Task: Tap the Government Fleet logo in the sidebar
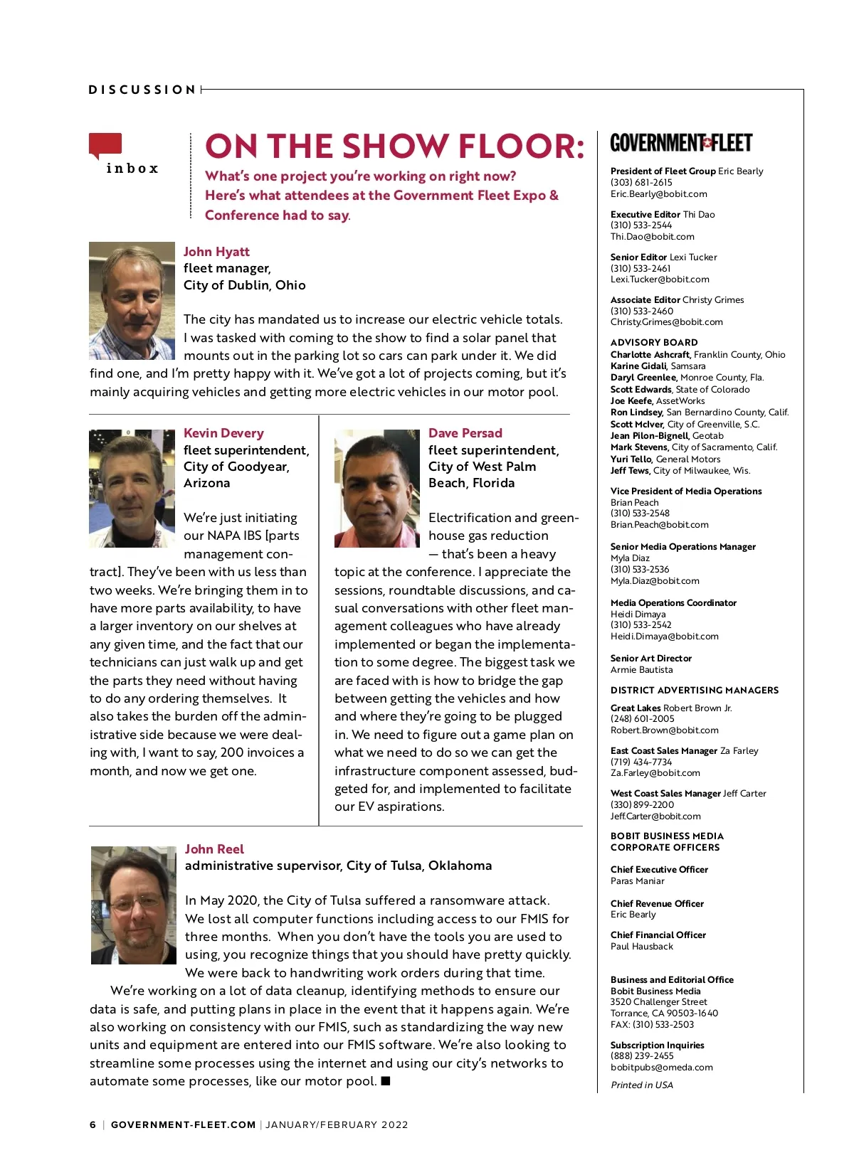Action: [x=681, y=143]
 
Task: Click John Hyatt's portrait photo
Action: [x=132, y=301]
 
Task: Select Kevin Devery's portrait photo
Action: [x=132, y=488]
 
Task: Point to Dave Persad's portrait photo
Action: [x=377, y=488]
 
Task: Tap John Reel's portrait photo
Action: [x=134, y=905]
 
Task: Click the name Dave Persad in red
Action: [x=465, y=433]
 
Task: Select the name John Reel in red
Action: [x=214, y=849]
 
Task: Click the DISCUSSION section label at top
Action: [x=142, y=90]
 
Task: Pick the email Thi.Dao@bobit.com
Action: [x=652, y=237]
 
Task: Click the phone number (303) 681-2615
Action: [x=641, y=183]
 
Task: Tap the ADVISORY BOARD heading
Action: [x=654, y=342]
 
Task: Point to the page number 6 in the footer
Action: [x=93, y=1124]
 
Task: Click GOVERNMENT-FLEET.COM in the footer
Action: [x=183, y=1124]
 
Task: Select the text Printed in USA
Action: [x=641, y=1085]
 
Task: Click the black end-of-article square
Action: [x=386, y=1081]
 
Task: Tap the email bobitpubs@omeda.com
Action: [x=661, y=1067]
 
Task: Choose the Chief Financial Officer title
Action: [x=658, y=935]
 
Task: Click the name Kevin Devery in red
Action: [x=223, y=433]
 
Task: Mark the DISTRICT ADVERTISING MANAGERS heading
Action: [x=694, y=690]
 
